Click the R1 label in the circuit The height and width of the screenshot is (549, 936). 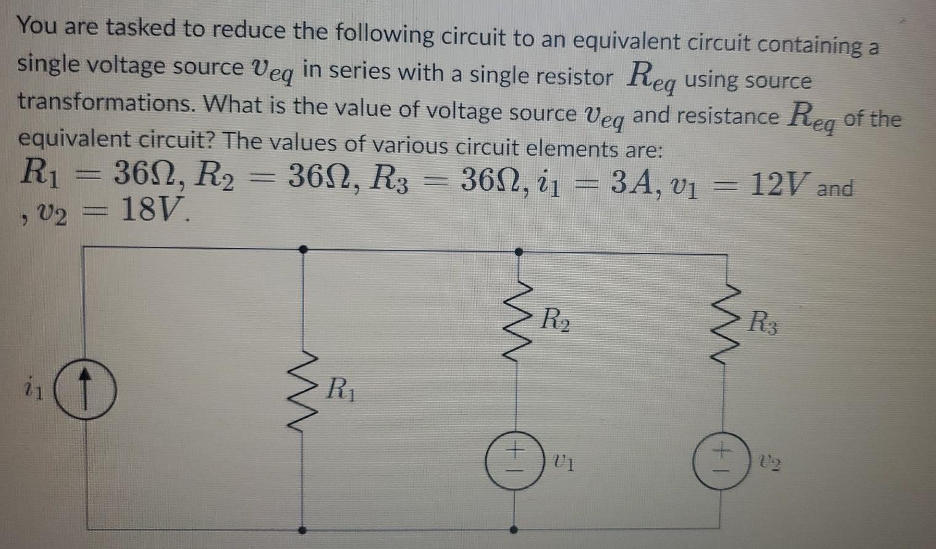pyautogui.click(x=341, y=390)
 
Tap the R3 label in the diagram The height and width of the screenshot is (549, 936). pyautogui.click(x=764, y=323)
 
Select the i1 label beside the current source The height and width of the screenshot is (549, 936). pyautogui.click(x=34, y=390)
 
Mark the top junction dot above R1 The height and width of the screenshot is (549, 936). pyautogui.click(x=302, y=249)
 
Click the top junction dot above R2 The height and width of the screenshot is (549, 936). pyautogui.click(x=518, y=251)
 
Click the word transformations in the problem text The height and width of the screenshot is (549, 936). pyautogui.click(x=105, y=103)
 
